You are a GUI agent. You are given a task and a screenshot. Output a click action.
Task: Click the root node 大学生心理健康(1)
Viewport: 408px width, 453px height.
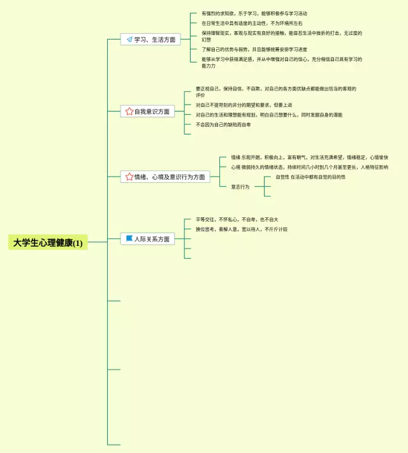tap(48, 243)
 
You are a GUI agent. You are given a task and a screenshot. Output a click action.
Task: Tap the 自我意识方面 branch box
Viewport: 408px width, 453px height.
tap(147, 111)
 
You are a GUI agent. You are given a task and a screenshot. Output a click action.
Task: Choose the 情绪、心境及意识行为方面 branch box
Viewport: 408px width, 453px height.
tap(165, 177)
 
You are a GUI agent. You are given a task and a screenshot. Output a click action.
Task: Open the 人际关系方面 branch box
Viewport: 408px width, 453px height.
tap(147, 239)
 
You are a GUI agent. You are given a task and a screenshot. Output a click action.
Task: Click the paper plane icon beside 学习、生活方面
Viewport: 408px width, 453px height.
tap(129, 40)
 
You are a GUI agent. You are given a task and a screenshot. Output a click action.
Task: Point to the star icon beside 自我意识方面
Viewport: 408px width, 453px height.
tap(129, 111)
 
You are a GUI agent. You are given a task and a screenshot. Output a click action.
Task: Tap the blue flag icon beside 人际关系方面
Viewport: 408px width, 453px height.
tap(129, 239)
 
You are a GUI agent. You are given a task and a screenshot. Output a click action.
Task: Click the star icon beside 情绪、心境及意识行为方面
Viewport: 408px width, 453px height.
tap(129, 177)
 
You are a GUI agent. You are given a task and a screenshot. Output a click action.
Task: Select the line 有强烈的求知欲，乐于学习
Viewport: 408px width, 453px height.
tap(254, 13)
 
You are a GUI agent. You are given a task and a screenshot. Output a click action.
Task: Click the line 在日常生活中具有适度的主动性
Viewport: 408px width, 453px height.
tap(252, 24)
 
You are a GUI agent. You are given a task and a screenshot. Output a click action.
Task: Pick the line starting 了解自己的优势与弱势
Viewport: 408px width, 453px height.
tap(254, 49)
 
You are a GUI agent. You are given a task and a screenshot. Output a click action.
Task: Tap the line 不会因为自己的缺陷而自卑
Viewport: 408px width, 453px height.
tap(223, 125)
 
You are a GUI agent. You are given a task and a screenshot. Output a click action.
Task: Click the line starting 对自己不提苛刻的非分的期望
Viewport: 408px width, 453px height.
tap(244, 105)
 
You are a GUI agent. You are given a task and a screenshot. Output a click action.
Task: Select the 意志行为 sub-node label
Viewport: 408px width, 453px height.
tap(240, 187)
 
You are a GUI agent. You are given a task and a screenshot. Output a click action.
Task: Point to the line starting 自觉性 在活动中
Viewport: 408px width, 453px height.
tap(310, 177)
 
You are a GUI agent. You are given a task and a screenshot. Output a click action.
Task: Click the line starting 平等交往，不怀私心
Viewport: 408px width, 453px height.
tap(237, 219)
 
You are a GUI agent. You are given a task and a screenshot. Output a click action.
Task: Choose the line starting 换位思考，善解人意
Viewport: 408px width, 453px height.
tap(241, 229)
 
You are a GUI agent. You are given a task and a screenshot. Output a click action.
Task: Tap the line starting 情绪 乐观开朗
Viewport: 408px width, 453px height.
tap(309, 157)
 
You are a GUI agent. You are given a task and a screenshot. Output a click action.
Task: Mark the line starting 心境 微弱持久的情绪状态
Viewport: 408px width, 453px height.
tap(309, 168)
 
